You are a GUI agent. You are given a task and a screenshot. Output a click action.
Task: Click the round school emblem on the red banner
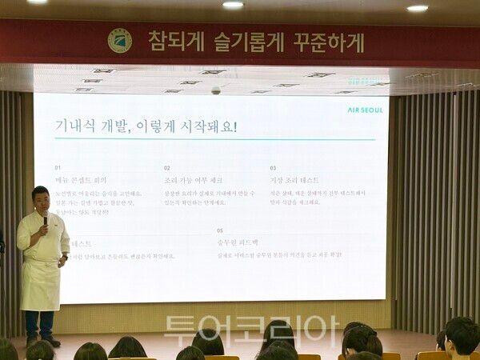pos(120,41)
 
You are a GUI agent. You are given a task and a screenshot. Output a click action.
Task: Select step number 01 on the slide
pos(58,168)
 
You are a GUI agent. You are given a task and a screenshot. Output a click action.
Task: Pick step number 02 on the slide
pos(167,168)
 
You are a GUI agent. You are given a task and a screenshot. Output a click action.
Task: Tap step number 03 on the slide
pos(273,168)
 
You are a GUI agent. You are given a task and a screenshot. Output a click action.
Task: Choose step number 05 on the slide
pos(219,230)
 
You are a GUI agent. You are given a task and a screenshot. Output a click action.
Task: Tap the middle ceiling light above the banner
pos(233,5)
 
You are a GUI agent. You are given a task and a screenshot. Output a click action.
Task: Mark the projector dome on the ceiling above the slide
pos(216,90)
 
